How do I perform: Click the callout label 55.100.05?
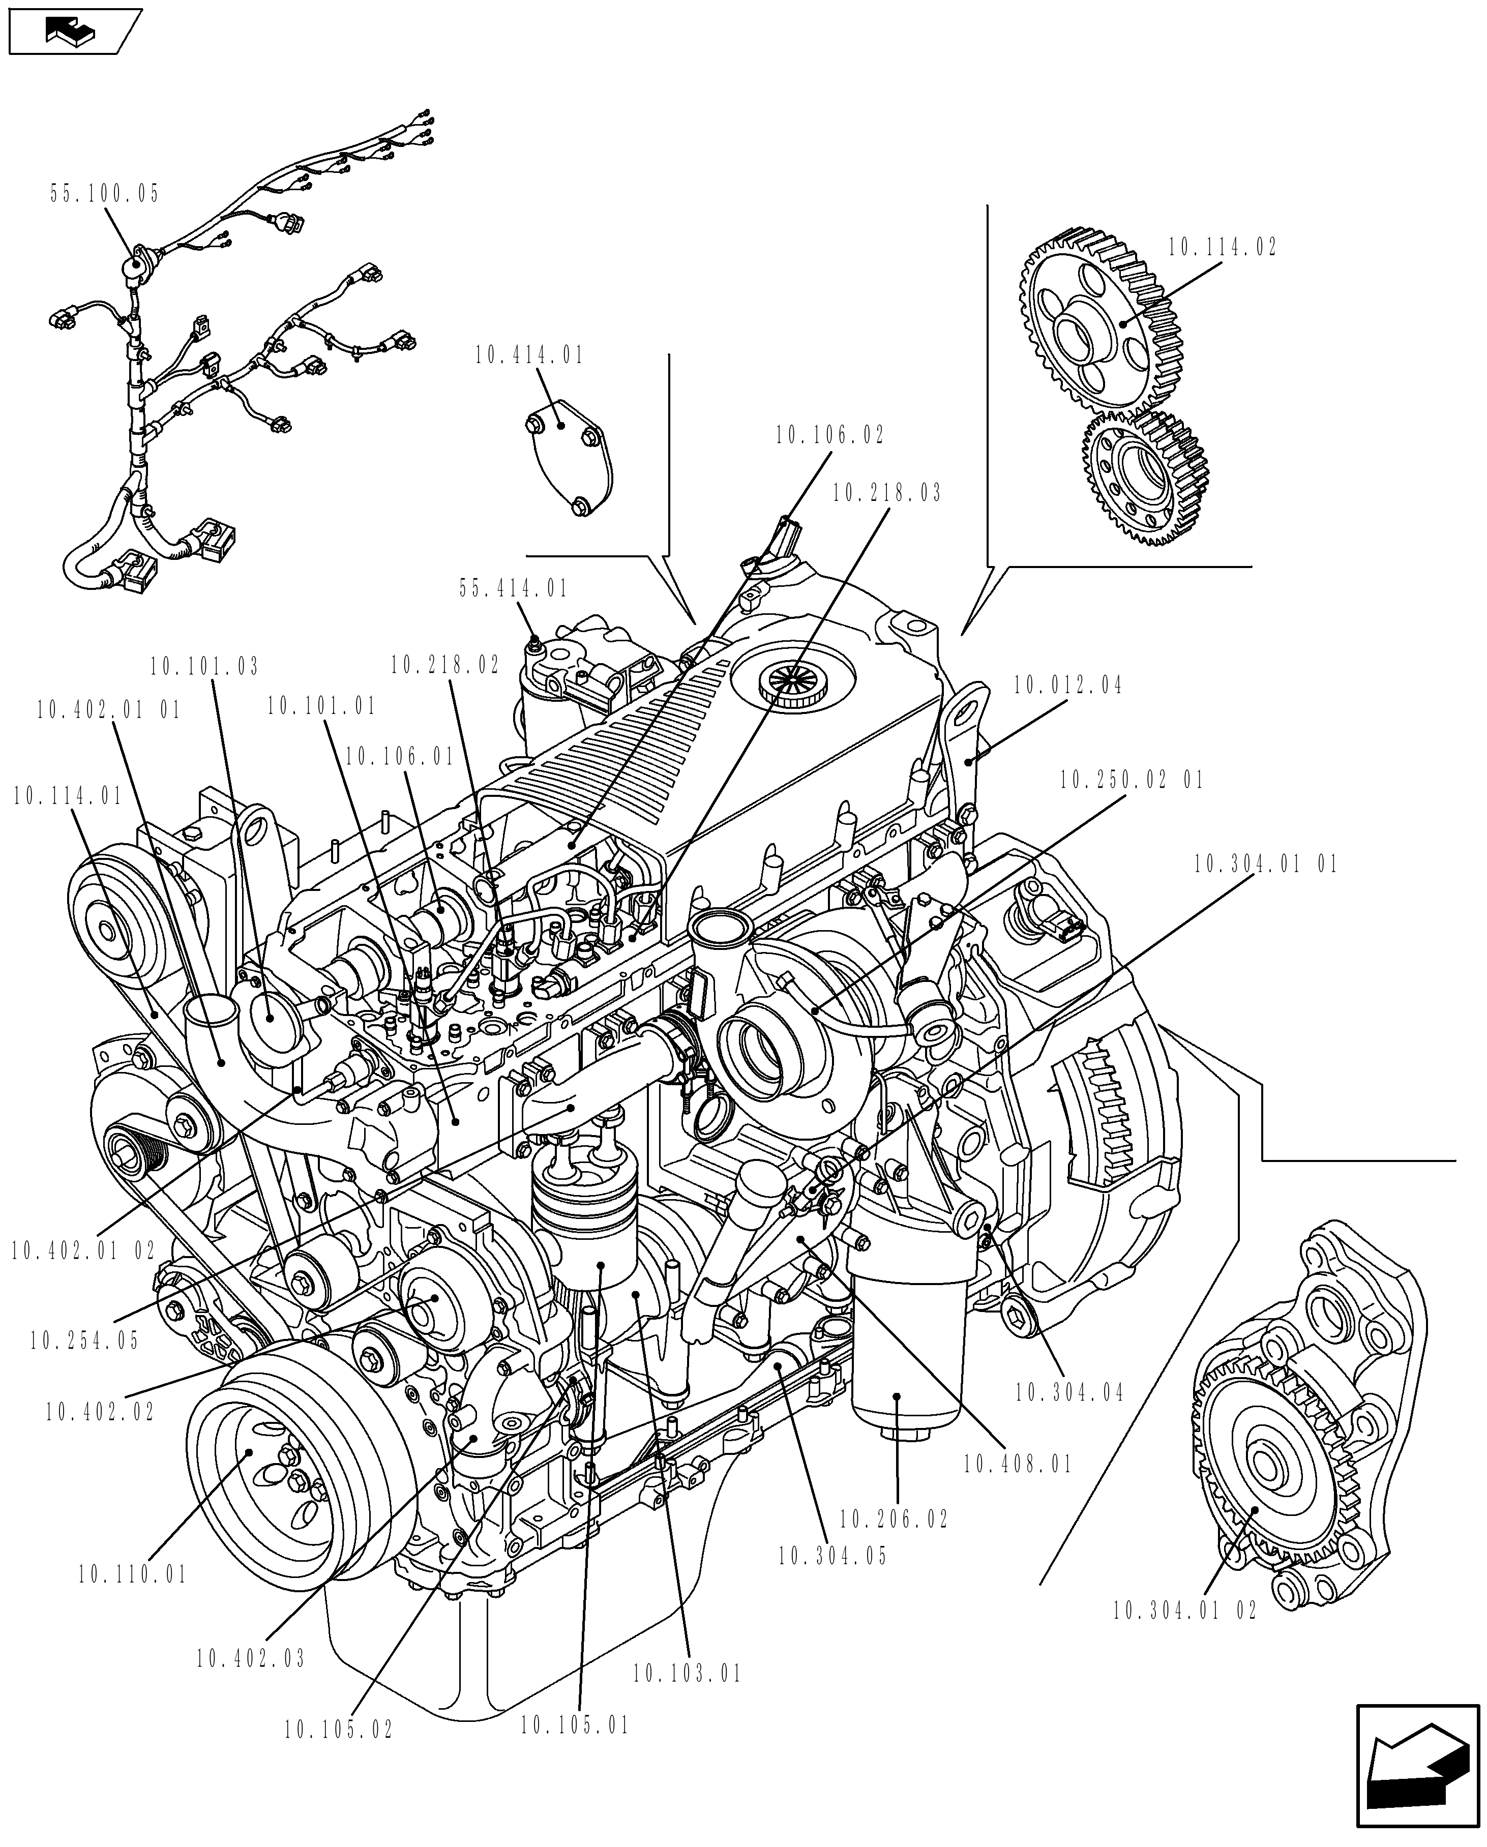[x=104, y=194]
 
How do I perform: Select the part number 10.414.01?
[x=529, y=355]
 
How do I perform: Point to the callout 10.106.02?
[x=829, y=435]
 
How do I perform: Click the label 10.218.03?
[x=886, y=493]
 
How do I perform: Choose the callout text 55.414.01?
[x=513, y=588]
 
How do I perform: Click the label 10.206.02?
[x=894, y=1520]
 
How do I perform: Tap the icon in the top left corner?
[x=73, y=32]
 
